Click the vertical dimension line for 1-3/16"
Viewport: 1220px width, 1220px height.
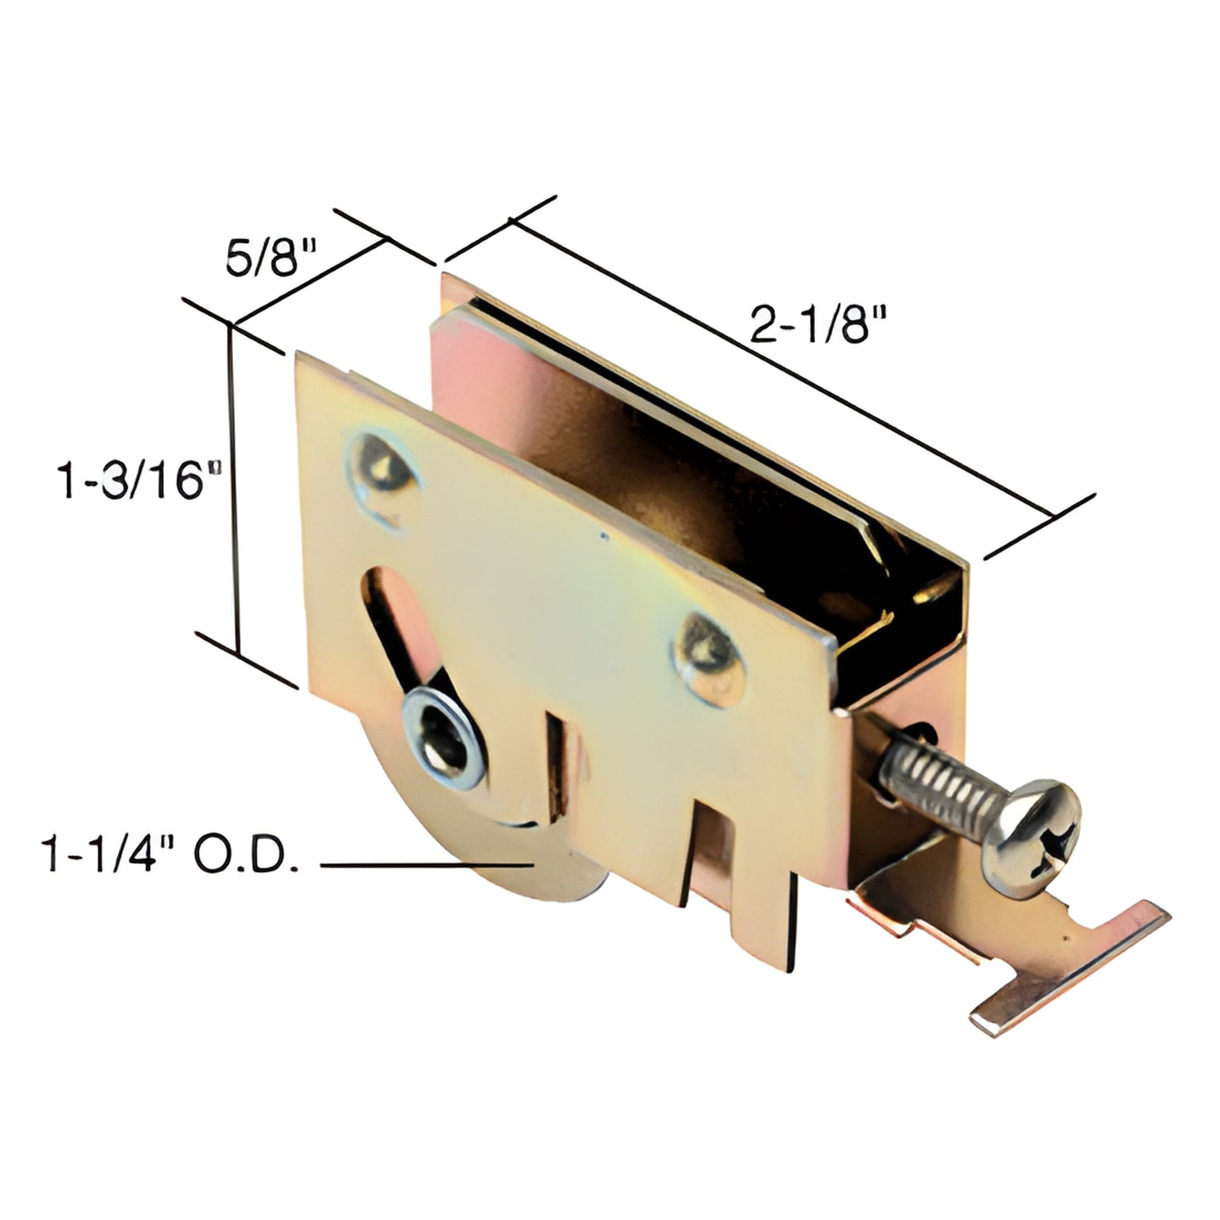pos(235,490)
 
